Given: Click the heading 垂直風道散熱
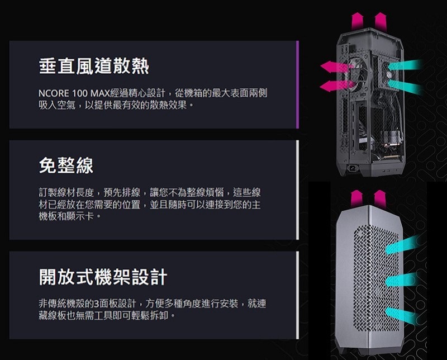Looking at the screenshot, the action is (x=94, y=67).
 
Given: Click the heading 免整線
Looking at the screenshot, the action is (x=66, y=164).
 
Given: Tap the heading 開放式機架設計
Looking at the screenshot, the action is (x=103, y=276).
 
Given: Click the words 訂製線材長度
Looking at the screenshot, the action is (x=65, y=192).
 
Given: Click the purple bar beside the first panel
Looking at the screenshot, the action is (x=297, y=84).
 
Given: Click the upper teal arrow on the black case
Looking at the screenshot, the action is (x=405, y=67).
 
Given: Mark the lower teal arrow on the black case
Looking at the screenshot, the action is (x=405, y=86).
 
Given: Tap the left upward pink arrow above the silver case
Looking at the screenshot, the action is (x=356, y=197).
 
